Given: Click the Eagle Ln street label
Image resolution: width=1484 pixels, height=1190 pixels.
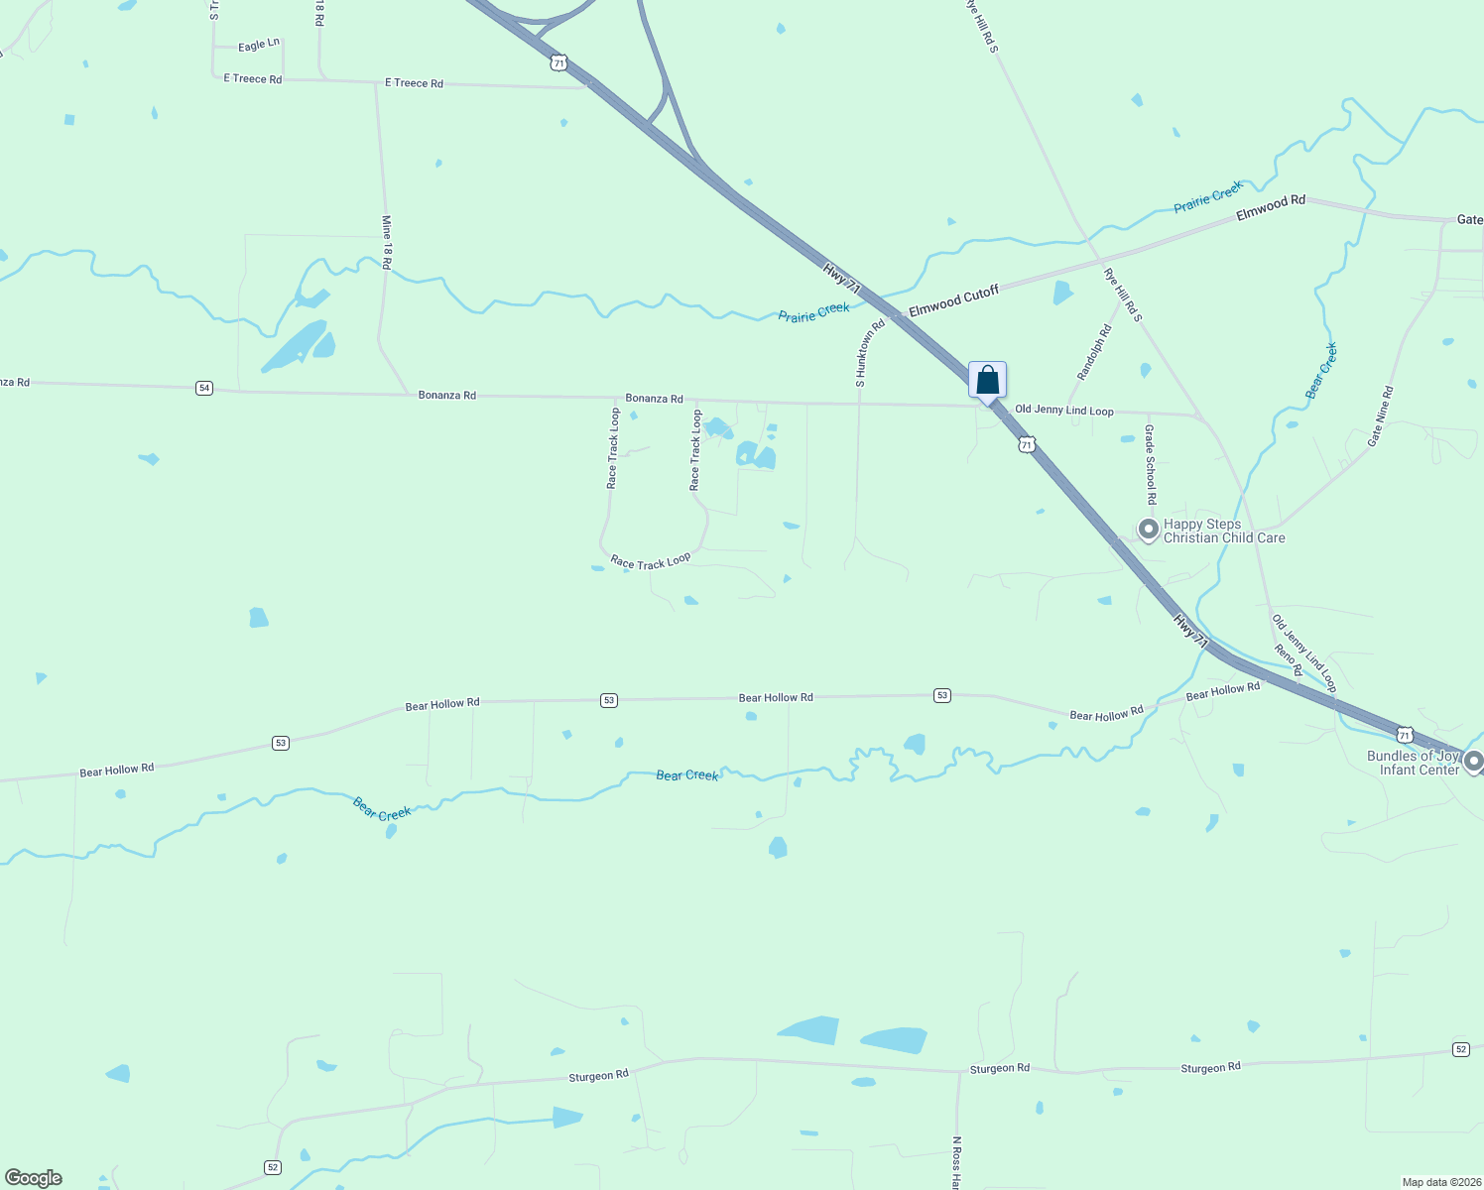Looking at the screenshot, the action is [259, 46].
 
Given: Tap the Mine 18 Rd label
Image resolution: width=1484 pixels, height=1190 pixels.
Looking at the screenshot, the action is [387, 243].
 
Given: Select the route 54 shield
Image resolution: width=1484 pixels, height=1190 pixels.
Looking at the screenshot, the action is [204, 388].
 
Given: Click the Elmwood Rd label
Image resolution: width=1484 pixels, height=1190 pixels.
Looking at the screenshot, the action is [1271, 207].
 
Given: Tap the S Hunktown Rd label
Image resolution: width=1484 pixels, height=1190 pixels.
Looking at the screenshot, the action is [869, 353].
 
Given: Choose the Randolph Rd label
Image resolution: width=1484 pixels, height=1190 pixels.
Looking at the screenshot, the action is [1094, 352].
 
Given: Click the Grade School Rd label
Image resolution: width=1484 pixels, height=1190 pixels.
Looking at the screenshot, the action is [1150, 464].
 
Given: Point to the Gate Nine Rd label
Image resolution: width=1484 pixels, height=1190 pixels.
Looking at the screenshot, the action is [1381, 416].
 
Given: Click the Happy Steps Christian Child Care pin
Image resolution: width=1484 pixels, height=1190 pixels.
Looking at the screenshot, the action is [1148, 530].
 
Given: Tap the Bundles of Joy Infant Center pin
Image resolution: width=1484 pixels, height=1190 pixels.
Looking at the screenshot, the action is [1473, 762].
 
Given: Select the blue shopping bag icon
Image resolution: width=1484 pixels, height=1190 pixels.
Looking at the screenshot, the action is [987, 380].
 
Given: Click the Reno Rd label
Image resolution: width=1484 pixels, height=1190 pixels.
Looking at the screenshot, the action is [1289, 660].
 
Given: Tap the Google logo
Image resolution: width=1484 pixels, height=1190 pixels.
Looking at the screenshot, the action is [34, 1178].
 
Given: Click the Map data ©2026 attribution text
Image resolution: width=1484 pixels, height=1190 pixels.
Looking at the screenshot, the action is [1440, 1182].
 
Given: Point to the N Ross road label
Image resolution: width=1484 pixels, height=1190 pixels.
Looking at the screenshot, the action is [956, 1162].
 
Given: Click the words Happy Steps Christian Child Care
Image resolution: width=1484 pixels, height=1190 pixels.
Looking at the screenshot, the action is [1223, 532].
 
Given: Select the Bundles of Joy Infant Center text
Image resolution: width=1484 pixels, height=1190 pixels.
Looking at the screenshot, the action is [1414, 763].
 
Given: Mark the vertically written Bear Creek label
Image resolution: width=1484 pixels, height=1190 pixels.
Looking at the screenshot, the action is [1321, 371].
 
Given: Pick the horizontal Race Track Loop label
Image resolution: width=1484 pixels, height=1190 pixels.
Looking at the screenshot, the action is [651, 561].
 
